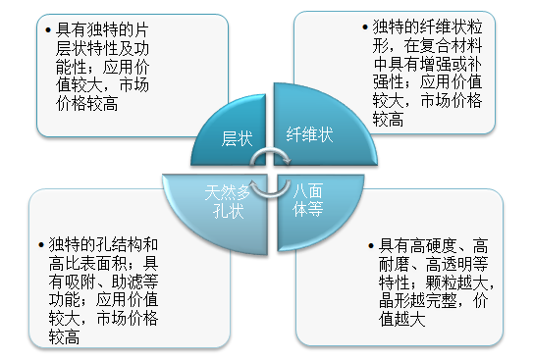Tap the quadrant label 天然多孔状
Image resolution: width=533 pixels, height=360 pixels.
(x=225, y=199)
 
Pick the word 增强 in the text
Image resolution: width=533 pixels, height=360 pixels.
(x=450, y=64)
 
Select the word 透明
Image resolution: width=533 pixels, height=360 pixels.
(x=441, y=263)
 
